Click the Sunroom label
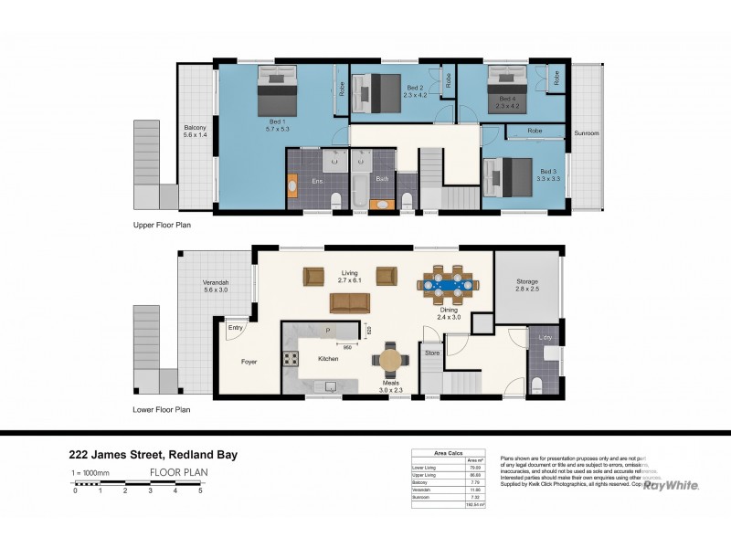coord(586,133)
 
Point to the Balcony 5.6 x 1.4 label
coord(195,131)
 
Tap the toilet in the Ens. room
coord(335,201)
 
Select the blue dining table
coord(447,284)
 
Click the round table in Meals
coord(391,359)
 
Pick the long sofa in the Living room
coord(350,303)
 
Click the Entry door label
coord(236,327)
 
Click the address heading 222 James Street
coord(154,453)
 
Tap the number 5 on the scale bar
coord(200,490)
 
